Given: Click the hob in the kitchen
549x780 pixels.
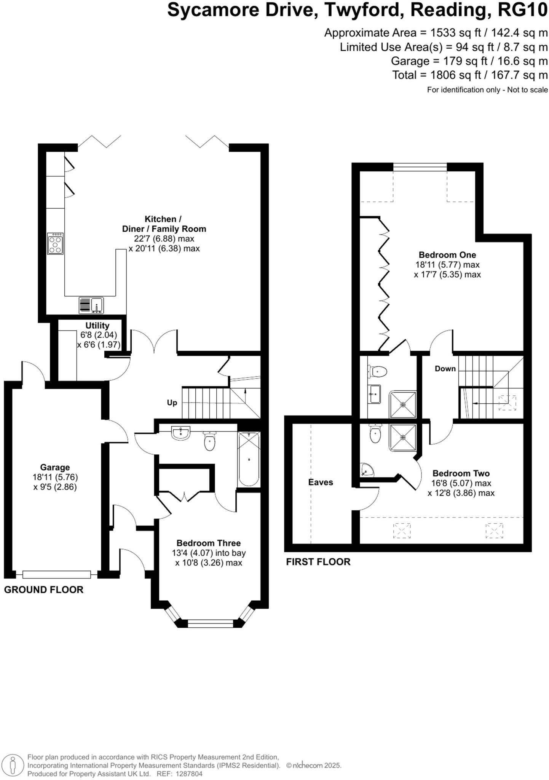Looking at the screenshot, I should tap(55, 243).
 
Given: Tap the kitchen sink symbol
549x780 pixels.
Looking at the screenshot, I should tap(91, 305).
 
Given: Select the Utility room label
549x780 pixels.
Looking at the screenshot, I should tap(97, 326).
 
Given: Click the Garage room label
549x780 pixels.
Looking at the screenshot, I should tap(55, 467).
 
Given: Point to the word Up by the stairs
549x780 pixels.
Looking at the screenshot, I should tap(172, 403).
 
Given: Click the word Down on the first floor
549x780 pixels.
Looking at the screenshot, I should tap(445, 369).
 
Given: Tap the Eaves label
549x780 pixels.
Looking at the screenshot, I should tap(321, 483).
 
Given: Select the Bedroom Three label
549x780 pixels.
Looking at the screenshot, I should tap(208, 543).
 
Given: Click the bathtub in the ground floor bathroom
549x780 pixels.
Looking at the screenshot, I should tap(249, 459).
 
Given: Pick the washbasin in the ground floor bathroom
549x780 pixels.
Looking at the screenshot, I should tap(180, 433).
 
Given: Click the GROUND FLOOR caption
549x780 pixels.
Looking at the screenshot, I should tap(44, 590).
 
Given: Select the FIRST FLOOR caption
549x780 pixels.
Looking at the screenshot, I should tap(318, 562).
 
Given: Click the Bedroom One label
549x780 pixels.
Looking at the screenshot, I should tap(447, 255).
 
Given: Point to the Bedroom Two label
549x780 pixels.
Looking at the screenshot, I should tap(461, 473).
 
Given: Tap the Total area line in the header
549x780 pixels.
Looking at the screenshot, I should tap(470, 75).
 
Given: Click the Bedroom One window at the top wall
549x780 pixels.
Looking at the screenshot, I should tap(420, 166).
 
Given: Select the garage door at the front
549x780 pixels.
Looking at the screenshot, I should tap(57, 574).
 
